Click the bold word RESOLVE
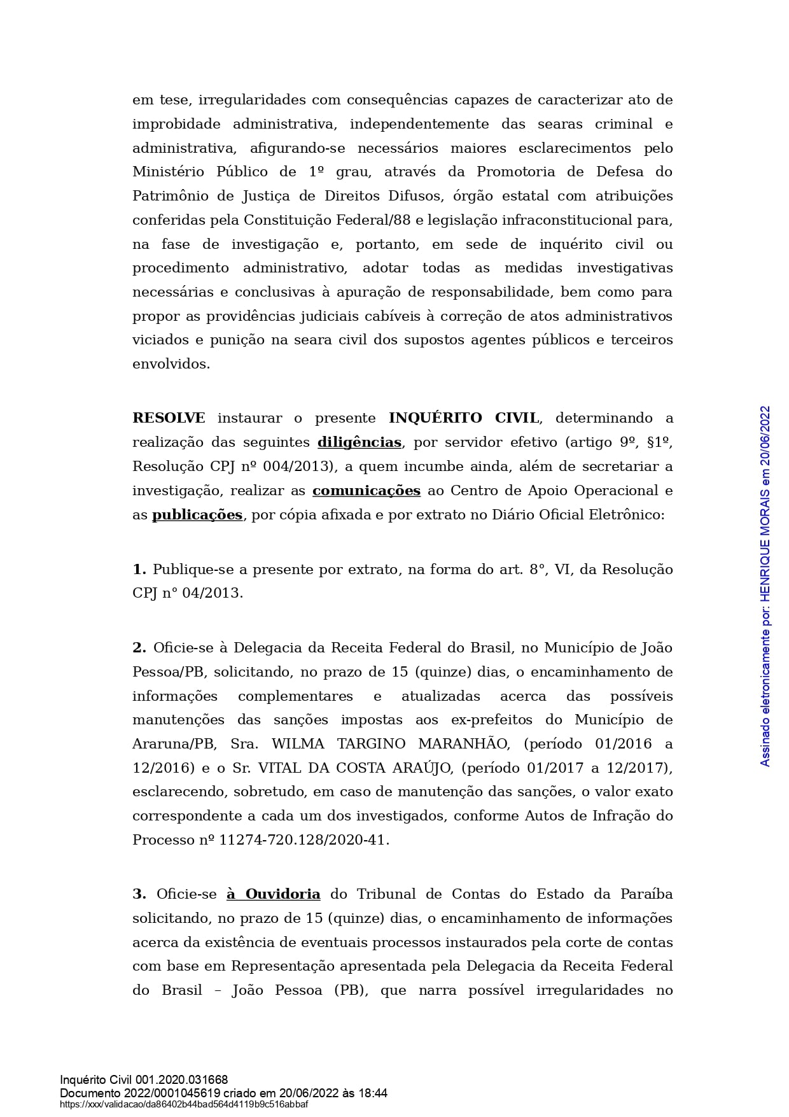[x=169, y=418]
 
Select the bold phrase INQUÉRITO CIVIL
[x=464, y=418]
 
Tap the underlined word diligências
[x=360, y=442]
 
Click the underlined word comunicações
[x=366, y=491]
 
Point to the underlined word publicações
[x=197, y=515]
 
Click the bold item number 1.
[x=139, y=570]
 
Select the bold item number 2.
[x=139, y=648]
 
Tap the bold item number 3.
[x=139, y=894]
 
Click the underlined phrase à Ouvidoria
[x=274, y=894]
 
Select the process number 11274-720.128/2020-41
[x=304, y=840]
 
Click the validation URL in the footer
[x=184, y=1104]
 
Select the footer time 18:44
[x=373, y=1093]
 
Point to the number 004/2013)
[x=302, y=467]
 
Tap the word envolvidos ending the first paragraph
[x=171, y=364]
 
